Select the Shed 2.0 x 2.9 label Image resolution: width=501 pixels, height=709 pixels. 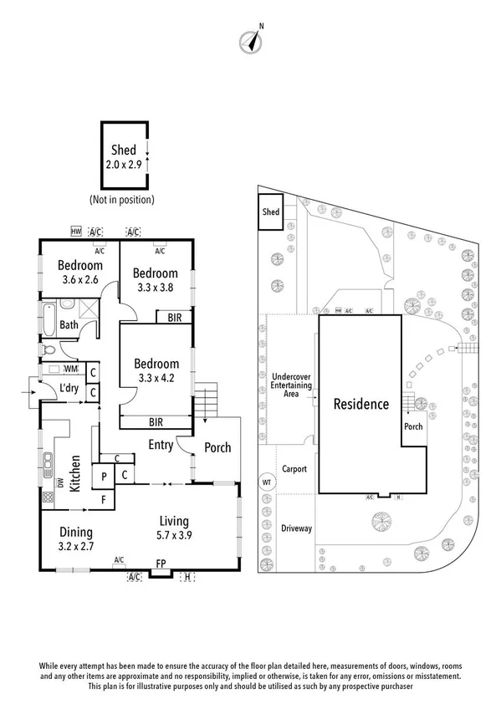tap(124, 157)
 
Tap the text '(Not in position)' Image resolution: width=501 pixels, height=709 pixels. tap(122, 200)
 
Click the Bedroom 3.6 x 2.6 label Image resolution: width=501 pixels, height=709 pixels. tap(79, 272)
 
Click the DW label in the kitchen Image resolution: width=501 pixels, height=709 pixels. tap(60, 482)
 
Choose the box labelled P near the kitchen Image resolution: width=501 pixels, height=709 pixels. tap(104, 476)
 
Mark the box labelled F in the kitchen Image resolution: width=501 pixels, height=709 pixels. tap(104, 500)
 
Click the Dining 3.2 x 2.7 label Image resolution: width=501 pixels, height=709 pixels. tap(75, 538)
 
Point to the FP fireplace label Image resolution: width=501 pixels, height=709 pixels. tap(162, 564)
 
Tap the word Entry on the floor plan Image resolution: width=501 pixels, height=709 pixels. tap(161, 444)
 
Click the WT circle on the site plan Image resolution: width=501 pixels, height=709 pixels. tap(268, 482)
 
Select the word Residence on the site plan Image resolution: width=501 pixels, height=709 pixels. tap(361, 404)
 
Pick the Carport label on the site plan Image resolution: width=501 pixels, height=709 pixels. tap(295, 469)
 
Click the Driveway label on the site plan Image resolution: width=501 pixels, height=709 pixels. tap(296, 528)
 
